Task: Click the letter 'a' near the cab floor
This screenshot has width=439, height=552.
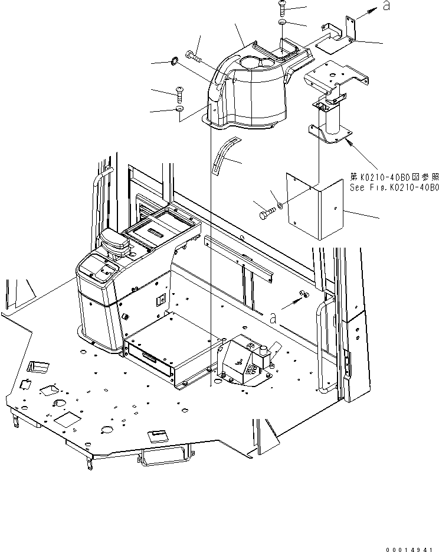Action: (273, 317)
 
